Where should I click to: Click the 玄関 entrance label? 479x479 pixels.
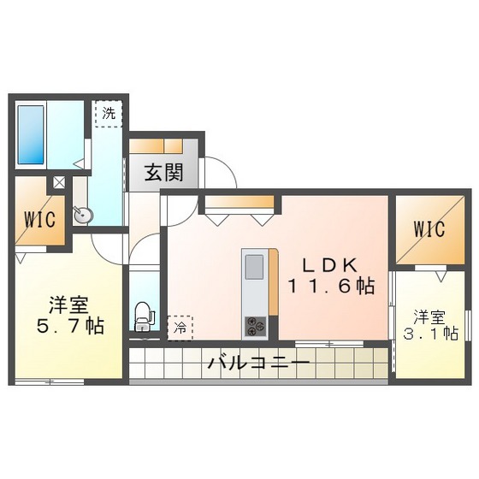(x=163, y=173)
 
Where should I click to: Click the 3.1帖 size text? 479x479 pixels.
(x=432, y=333)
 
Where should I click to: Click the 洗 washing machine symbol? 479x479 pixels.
(x=109, y=114)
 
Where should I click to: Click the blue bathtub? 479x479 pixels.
(x=32, y=133)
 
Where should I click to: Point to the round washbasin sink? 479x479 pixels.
(x=82, y=216)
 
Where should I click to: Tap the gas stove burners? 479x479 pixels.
(x=256, y=325)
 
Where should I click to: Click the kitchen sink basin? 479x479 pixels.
(x=256, y=268)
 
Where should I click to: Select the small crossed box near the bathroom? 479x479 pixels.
(x=59, y=182)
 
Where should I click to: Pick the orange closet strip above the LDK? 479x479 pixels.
(x=240, y=203)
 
